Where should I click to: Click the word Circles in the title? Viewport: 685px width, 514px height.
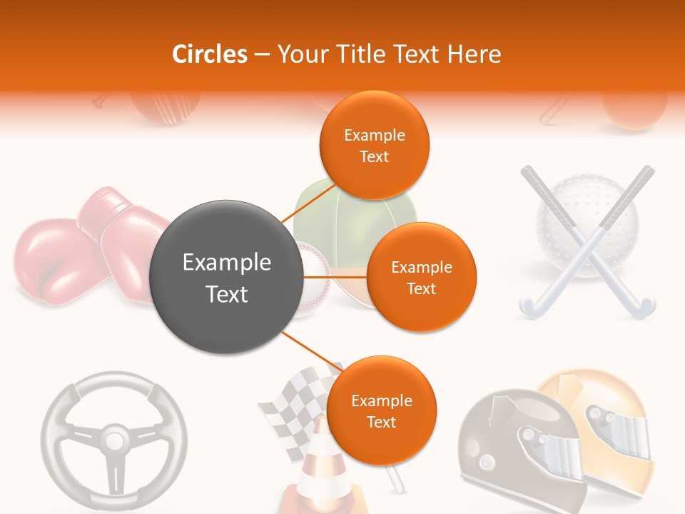209,54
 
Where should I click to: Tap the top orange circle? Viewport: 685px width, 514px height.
374,145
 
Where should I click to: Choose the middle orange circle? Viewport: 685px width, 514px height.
421,278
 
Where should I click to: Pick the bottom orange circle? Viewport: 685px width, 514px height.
381,411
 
